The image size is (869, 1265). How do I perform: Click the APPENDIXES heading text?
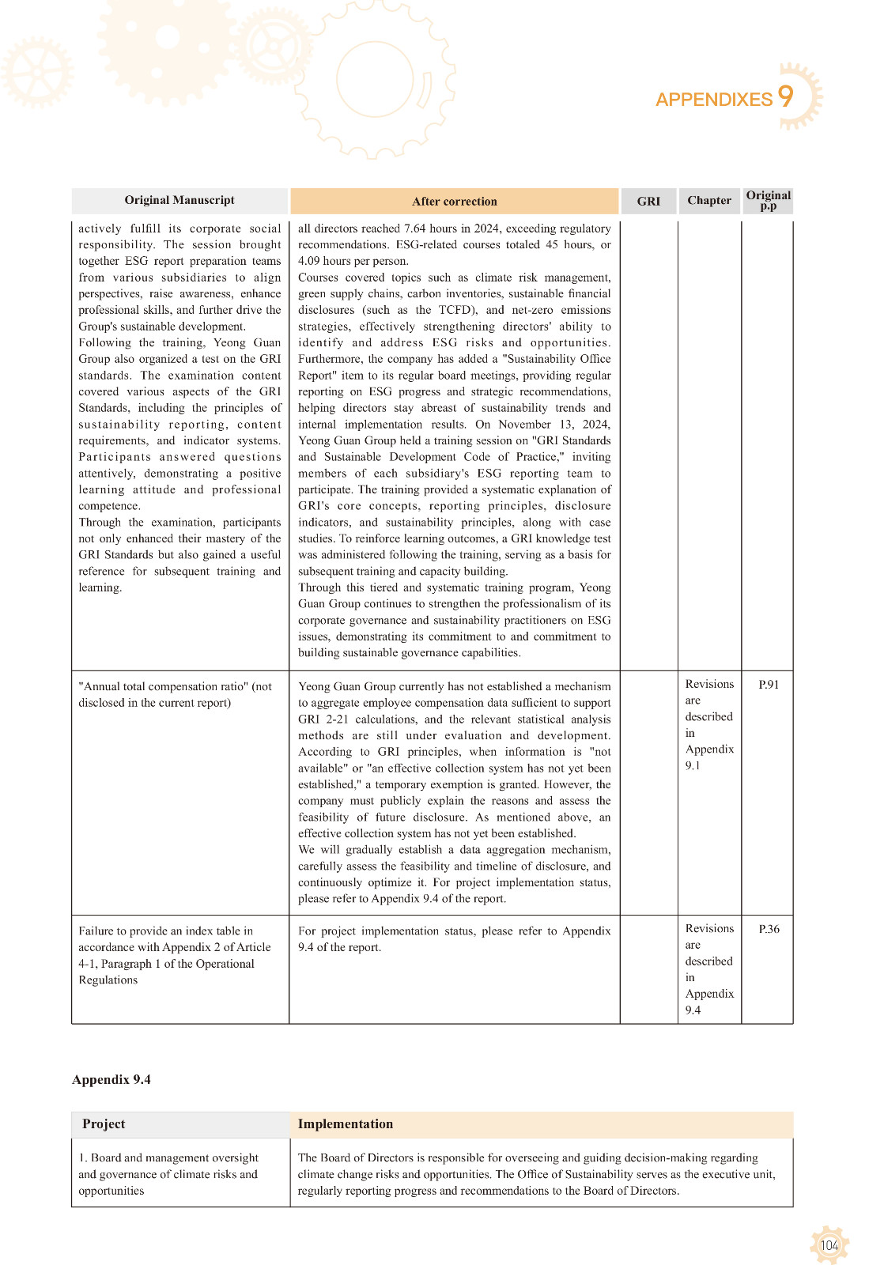(x=713, y=100)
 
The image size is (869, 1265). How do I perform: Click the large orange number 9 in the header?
(x=785, y=96)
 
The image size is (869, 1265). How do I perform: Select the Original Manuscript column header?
(x=179, y=200)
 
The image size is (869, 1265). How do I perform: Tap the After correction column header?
(x=454, y=202)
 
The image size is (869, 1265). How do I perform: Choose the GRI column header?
(x=648, y=202)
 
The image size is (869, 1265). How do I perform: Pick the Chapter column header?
(x=708, y=201)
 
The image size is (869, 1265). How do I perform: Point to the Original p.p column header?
(x=768, y=200)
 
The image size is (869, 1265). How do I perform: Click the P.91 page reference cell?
(x=769, y=685)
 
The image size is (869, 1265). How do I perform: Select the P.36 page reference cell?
(x=769, y=929)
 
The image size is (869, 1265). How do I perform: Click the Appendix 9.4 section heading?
(x=111, y=1080)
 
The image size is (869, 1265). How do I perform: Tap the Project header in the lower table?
(x=104, y=1124)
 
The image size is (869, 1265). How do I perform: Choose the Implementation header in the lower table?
(x=345, y=1124)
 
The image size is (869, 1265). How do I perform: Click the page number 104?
(x=829, y=1246)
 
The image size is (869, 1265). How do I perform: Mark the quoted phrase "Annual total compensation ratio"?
(x=162, y=686)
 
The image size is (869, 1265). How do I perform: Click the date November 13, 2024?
(x=554, y=425)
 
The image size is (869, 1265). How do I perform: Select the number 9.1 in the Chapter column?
(x=693, y=765)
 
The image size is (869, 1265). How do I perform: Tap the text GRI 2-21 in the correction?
(x=323, y=719)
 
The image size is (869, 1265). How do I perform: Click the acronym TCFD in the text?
(x=456, y=310)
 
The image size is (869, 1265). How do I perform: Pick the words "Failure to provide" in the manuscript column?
(x=119, y=931)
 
